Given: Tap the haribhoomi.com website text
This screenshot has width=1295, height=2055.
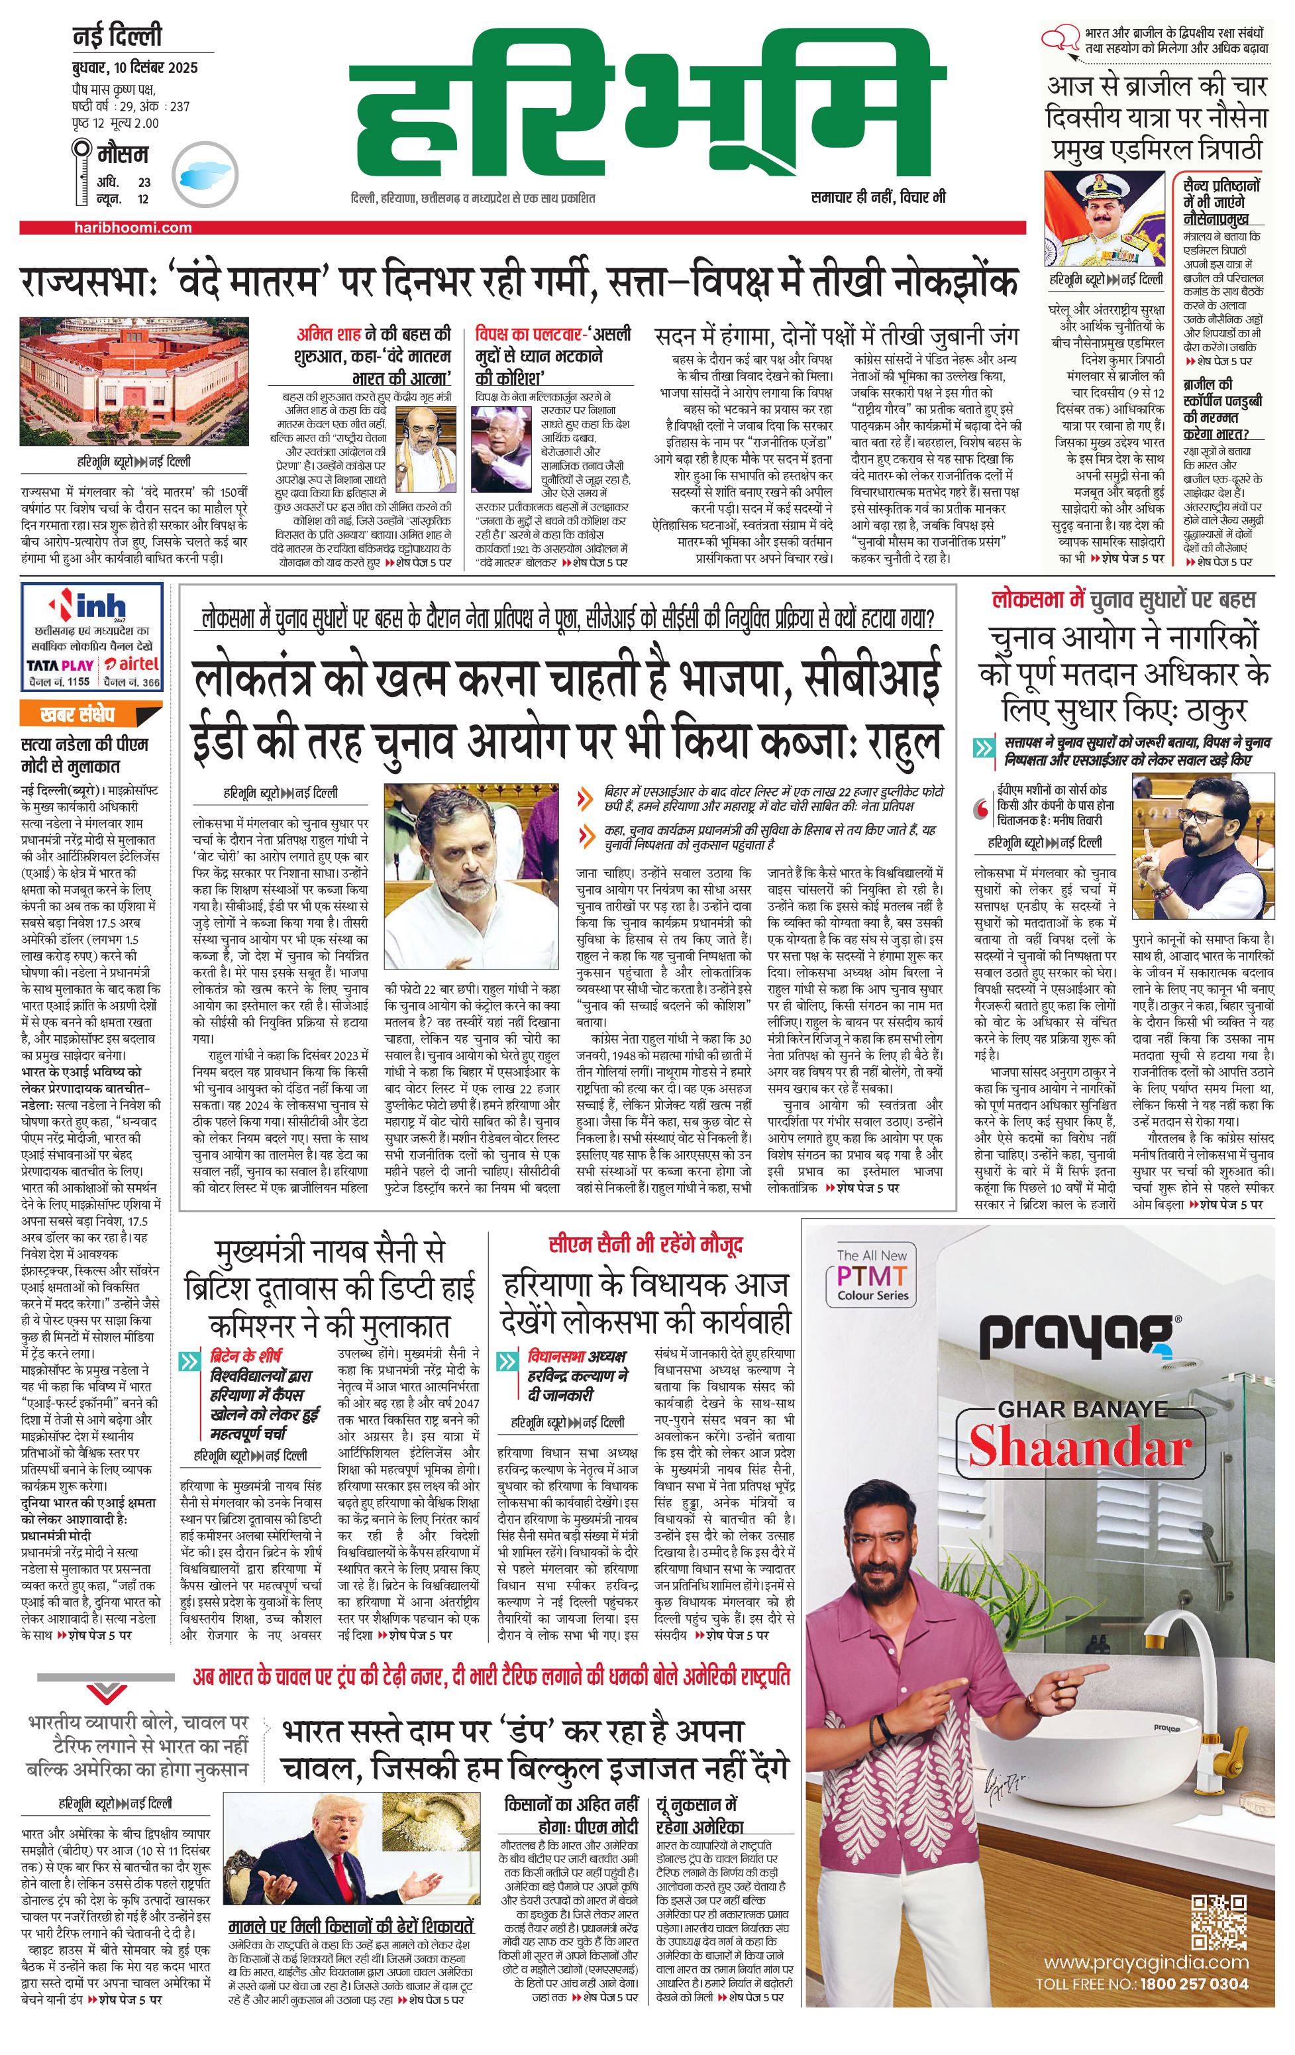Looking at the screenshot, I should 132,228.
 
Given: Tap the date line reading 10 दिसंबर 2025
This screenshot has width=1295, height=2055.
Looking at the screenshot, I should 134,68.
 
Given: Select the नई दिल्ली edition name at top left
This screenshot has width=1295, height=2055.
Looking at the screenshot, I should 117,38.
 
